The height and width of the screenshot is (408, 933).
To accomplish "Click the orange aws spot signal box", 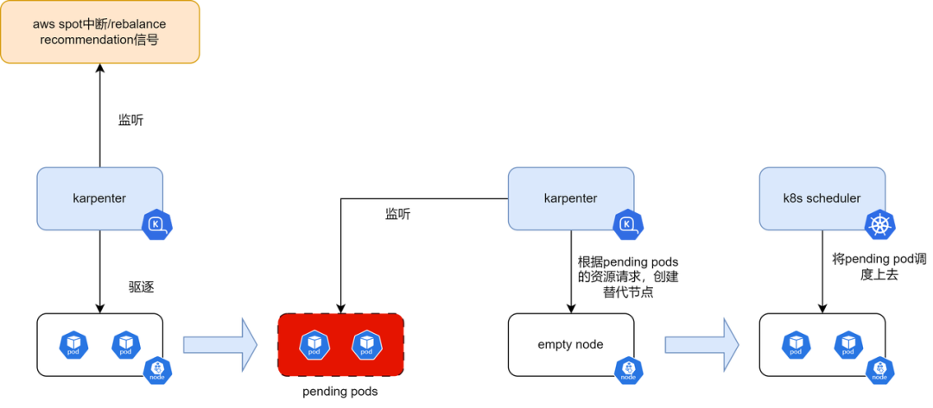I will coord(100,32).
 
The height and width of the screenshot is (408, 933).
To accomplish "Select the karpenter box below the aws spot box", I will coord(99,198).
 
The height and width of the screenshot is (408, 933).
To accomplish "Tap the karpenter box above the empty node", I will coord(570,198).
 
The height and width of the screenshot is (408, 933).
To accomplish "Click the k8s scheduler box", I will coord(822,198).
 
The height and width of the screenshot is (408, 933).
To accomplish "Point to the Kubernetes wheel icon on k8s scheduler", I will coord(880,226).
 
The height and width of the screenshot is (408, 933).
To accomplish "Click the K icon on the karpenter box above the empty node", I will coord(628,225).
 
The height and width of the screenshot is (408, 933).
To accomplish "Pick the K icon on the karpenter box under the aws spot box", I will coord(157,225).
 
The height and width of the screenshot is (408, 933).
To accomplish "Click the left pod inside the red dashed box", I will coord(314,345).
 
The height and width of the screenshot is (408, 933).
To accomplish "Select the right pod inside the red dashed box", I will coord(366,345).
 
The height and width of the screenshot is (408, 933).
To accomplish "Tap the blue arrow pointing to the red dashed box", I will coord(220,344).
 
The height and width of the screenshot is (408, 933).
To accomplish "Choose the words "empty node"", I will coord(570,344).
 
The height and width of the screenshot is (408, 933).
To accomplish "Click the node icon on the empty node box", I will coord(628,371).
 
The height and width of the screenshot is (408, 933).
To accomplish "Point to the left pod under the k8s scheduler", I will coord(797,345).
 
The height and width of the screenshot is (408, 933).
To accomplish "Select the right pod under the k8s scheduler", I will coord(848,345).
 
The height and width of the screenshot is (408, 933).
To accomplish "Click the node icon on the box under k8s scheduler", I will coord(879,371).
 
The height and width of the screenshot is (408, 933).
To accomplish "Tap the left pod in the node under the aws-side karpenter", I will coord(74,345).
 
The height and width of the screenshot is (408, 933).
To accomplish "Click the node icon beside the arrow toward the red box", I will coord(157,371).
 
